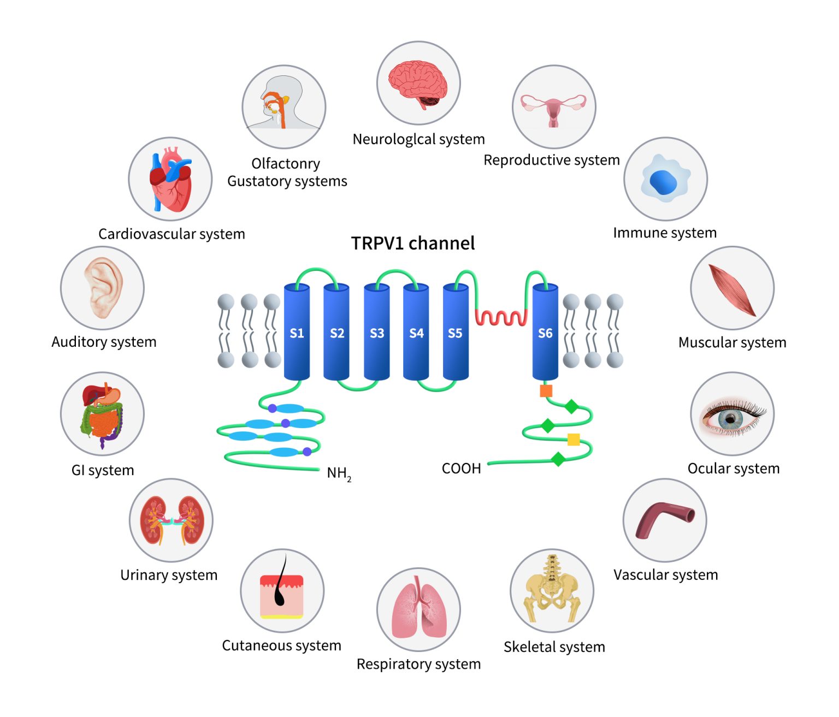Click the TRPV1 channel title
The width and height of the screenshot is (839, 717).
click(412, 243)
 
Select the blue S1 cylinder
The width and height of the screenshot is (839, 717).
click(297, 332)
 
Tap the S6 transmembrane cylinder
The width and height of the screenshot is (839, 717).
click(545, 332)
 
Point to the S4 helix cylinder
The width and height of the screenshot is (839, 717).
click(416, 332)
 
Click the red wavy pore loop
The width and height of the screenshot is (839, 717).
click(501, 317)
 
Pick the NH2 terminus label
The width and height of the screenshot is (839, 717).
click(339, 473)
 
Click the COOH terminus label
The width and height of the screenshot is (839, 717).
click(461, 469)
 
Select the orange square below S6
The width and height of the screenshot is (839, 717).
click(546, 390)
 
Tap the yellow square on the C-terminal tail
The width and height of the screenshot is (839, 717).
click(574, 440)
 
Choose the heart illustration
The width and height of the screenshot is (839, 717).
click(170, 179)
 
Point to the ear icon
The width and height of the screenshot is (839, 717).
click(102, 288)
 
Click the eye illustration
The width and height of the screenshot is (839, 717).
click(732, 415)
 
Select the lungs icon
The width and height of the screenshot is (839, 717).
click(418, 609)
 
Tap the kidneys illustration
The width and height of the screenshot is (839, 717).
click(171, 520)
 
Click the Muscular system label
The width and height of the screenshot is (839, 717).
click(732, 342)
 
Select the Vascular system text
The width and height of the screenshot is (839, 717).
click(665, 574)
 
